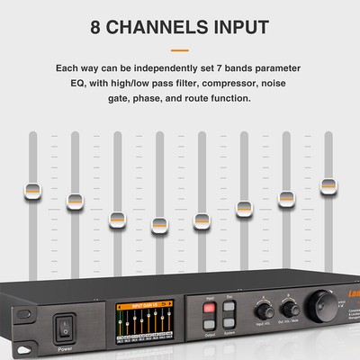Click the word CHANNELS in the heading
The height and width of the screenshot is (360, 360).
tap(169, 26)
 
